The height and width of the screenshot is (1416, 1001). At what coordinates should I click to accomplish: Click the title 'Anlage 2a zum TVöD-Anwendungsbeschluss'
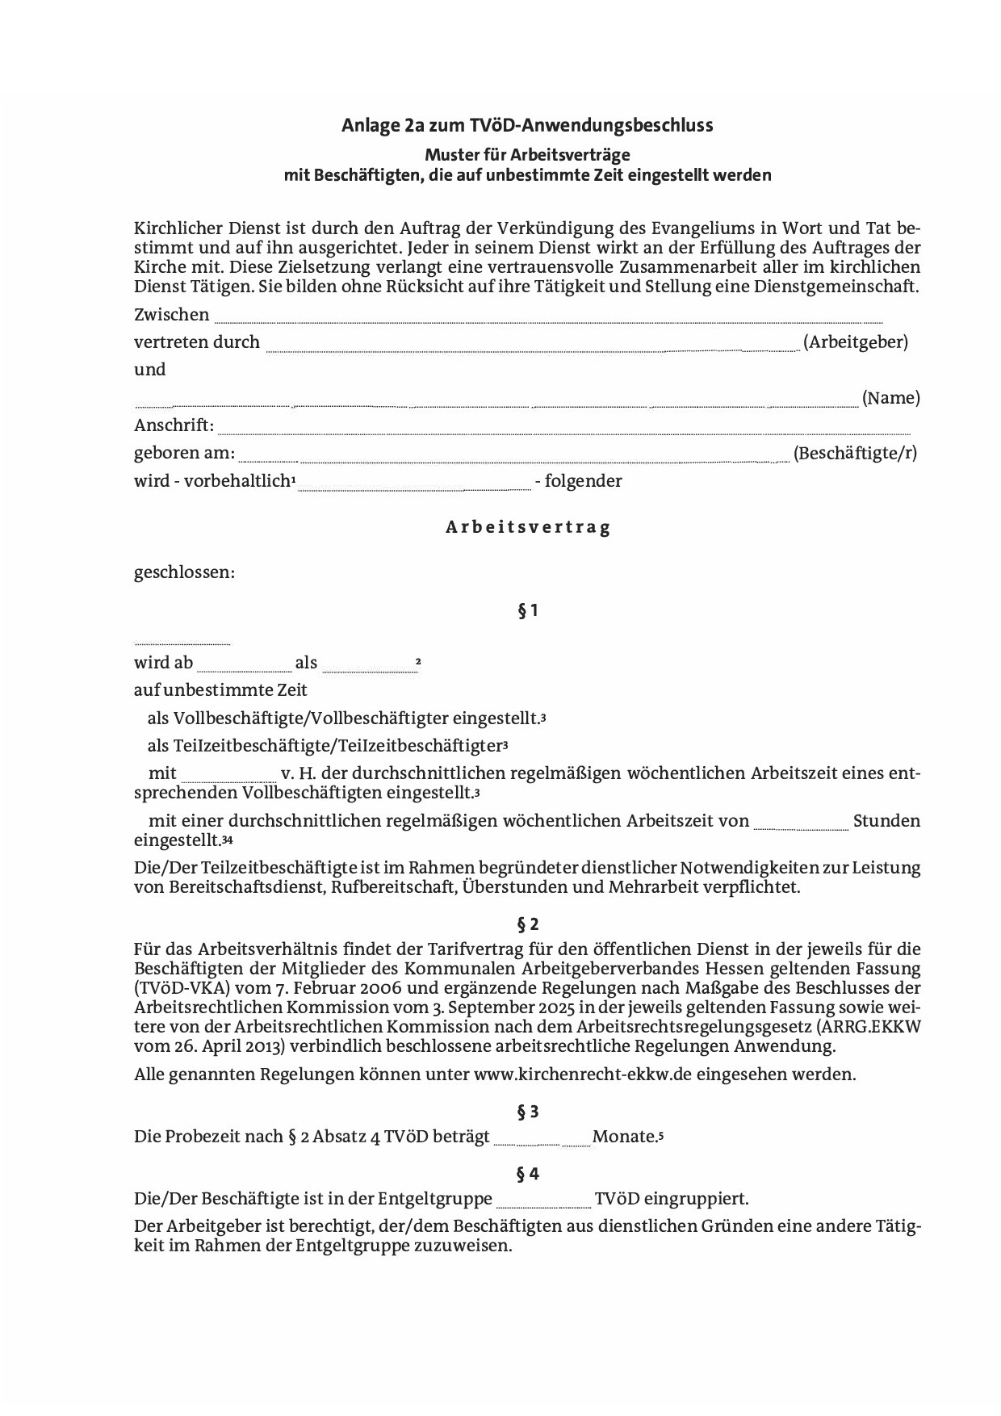coord(527,126)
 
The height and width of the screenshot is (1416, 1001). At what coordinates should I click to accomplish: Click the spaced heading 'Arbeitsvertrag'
coord(528,527)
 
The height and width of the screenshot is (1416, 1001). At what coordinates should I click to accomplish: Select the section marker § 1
coord(528,611)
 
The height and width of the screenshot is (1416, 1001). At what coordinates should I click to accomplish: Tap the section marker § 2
coord(528,924)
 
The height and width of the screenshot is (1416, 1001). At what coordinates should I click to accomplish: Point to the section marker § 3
coord(528,1112)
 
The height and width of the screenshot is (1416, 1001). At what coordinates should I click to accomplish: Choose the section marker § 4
coord(528,1174)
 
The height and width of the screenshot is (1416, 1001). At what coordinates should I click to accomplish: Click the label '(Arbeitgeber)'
coord(856,342)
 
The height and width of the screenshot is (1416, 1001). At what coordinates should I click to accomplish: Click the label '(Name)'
coord(890,398)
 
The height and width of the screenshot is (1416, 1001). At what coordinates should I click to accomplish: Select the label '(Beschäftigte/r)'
coord(855,453)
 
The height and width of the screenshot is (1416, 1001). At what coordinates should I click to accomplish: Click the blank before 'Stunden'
coord(801,826)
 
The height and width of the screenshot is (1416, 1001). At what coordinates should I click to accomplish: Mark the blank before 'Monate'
coord(542,1142)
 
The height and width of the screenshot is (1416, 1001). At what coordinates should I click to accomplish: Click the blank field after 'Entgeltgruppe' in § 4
coord(544,1204)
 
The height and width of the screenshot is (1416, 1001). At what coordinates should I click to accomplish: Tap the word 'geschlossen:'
coord(184,573)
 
